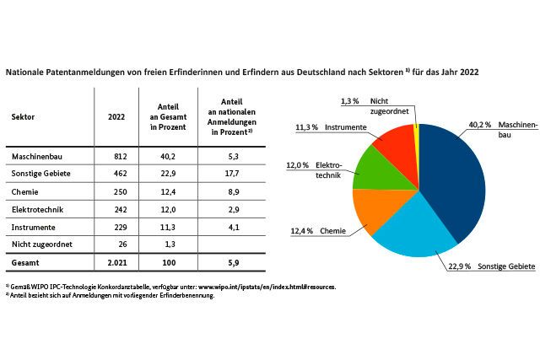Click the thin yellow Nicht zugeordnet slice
(x=416, y=135)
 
